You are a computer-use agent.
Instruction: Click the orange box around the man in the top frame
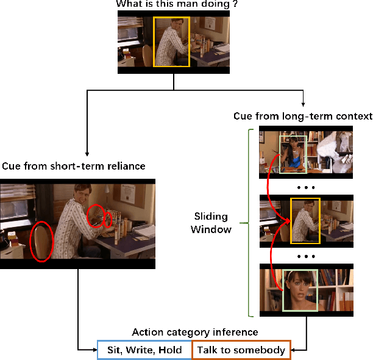(172, 41)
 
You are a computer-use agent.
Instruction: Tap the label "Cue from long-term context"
(302, 116)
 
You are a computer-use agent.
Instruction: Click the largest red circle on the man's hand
(96, 215)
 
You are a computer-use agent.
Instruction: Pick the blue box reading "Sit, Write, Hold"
(144, 350)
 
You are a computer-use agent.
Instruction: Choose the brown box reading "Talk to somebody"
(241, 350)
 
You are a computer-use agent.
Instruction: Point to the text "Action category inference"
(194, 332)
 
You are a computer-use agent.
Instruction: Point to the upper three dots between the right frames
(306, 187)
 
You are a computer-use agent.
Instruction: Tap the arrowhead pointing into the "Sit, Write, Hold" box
(93, 350)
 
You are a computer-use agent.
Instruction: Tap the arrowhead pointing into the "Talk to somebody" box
(296, 350)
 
